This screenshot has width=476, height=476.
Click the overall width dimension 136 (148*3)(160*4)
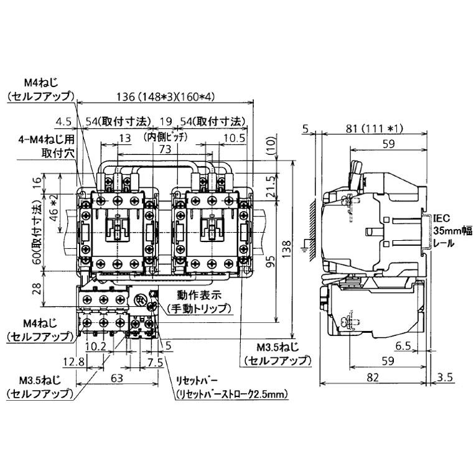pos(164,96)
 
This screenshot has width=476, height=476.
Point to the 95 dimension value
pos(269,261)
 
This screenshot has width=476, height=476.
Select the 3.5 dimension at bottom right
pos(446,377)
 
